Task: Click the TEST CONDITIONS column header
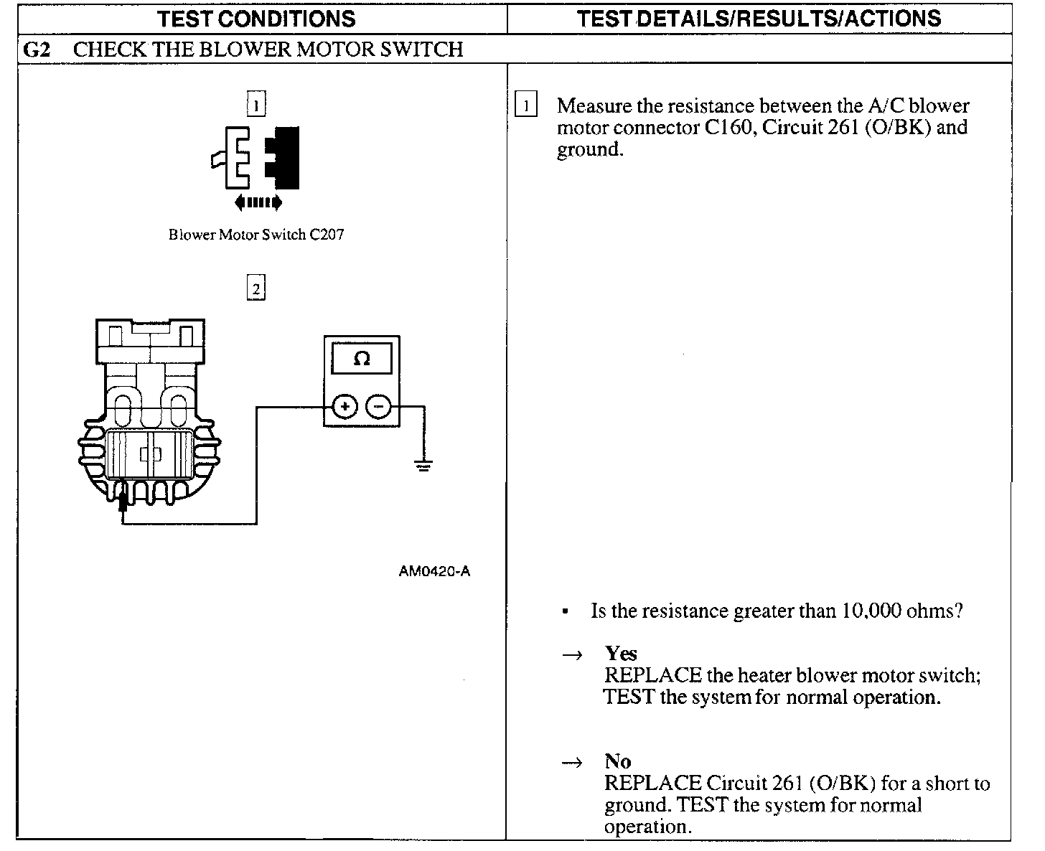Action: click(256, 19)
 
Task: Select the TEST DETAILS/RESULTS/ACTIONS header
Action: click(759, 19)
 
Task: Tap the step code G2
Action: click(37, 50)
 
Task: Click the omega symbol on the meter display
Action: click(362, 359)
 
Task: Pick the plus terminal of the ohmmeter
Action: click(345, 407)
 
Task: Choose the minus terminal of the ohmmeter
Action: click(378, 407)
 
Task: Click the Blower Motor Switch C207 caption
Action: click(256, 235)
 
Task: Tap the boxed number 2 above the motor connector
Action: click(256, 288)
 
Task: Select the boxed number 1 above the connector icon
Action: click(256, 105)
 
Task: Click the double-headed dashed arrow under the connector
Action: click(258, 203)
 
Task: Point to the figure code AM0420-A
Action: click(434, 571)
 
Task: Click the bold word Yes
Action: click(621, 653)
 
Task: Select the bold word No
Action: click(617, 761)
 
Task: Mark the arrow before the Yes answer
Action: click(572, 654)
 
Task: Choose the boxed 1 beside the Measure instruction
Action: click(526, 106)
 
